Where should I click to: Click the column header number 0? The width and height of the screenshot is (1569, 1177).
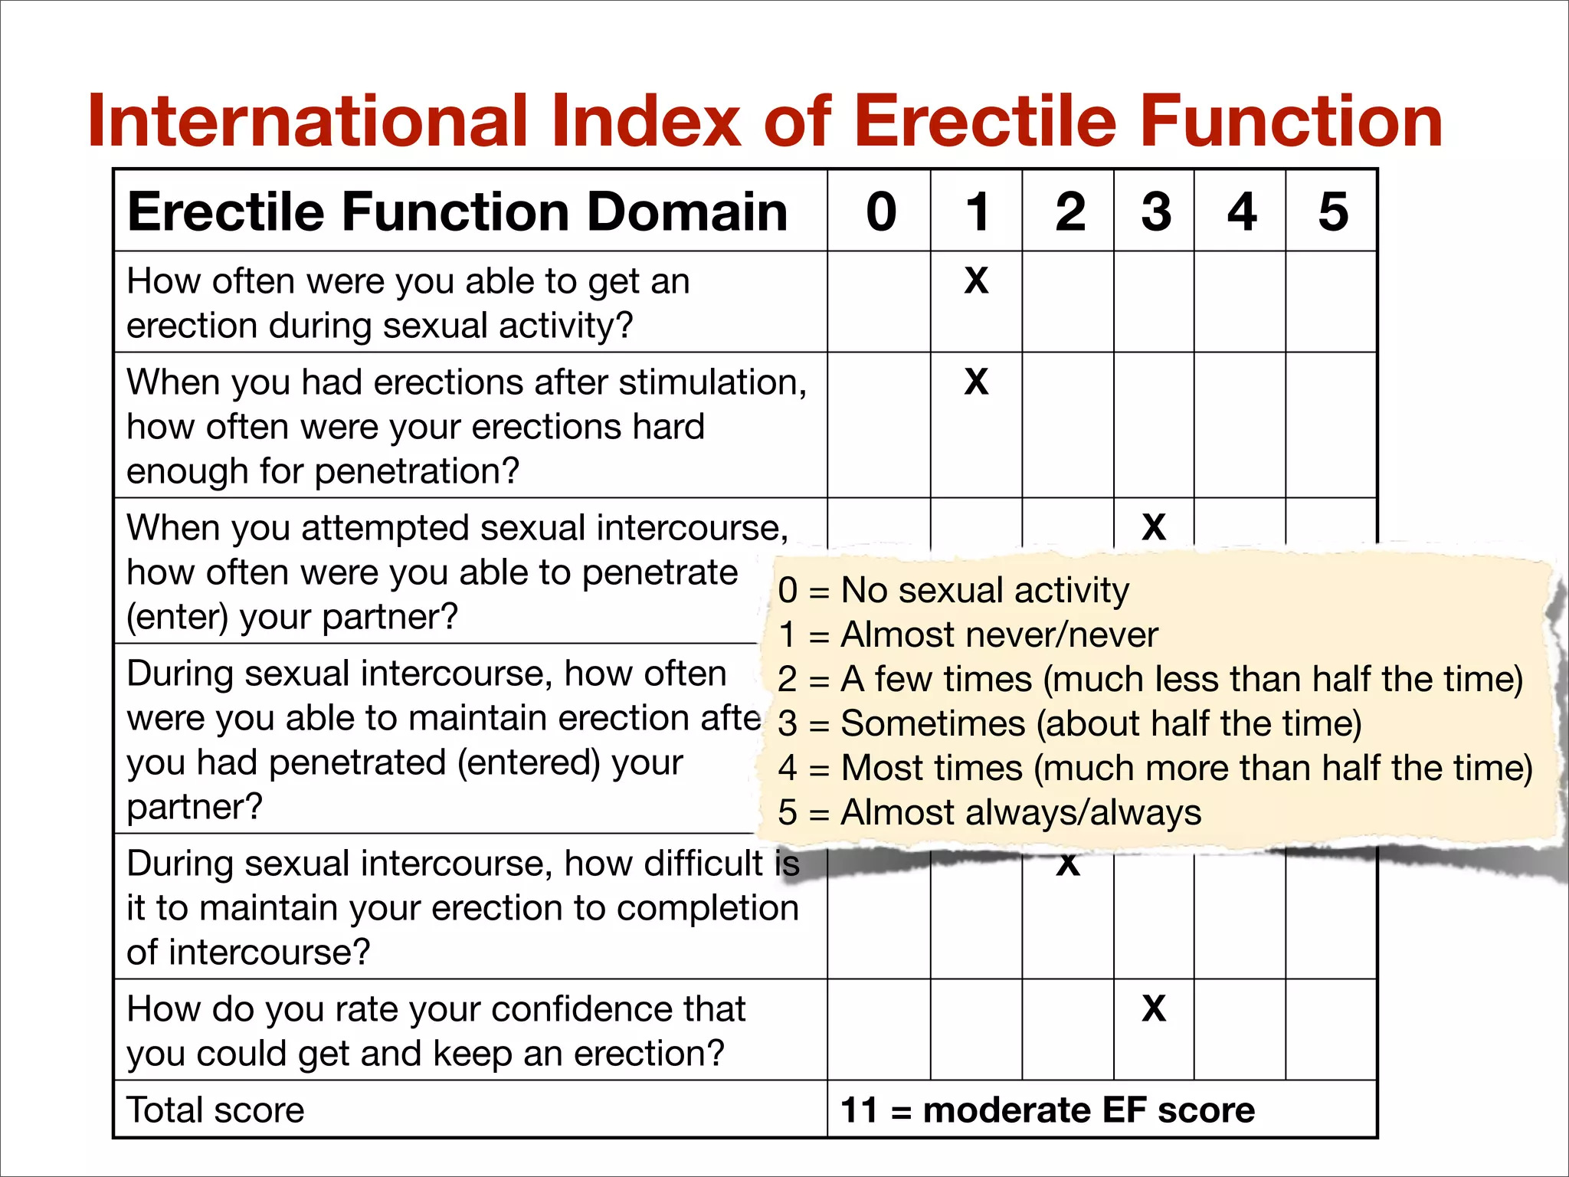(881, 211)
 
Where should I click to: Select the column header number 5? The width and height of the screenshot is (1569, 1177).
(1333, 211)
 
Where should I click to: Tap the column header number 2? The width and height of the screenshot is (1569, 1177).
(1069, 211)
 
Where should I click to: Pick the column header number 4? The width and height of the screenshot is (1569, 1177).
(1242, 211)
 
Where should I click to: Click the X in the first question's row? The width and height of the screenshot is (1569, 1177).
(976, 280)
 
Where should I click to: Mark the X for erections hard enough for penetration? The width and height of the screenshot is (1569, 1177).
(976, 381)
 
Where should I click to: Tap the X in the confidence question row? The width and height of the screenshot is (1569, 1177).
(1154, 1008)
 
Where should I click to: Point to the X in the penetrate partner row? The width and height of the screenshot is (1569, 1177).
(1154, 527)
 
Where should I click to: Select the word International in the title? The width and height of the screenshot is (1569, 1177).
(307, 121)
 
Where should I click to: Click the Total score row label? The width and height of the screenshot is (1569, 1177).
(215, 1110)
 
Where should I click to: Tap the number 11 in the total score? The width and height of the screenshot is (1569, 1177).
(859, 1110)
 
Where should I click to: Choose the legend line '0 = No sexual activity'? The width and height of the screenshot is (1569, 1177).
(953, 590)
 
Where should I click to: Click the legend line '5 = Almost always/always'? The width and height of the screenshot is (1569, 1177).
(989, 812)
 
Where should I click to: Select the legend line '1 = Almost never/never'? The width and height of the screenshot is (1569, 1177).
(968, 634)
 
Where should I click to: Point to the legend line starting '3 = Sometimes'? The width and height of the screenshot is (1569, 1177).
(1069, 723)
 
